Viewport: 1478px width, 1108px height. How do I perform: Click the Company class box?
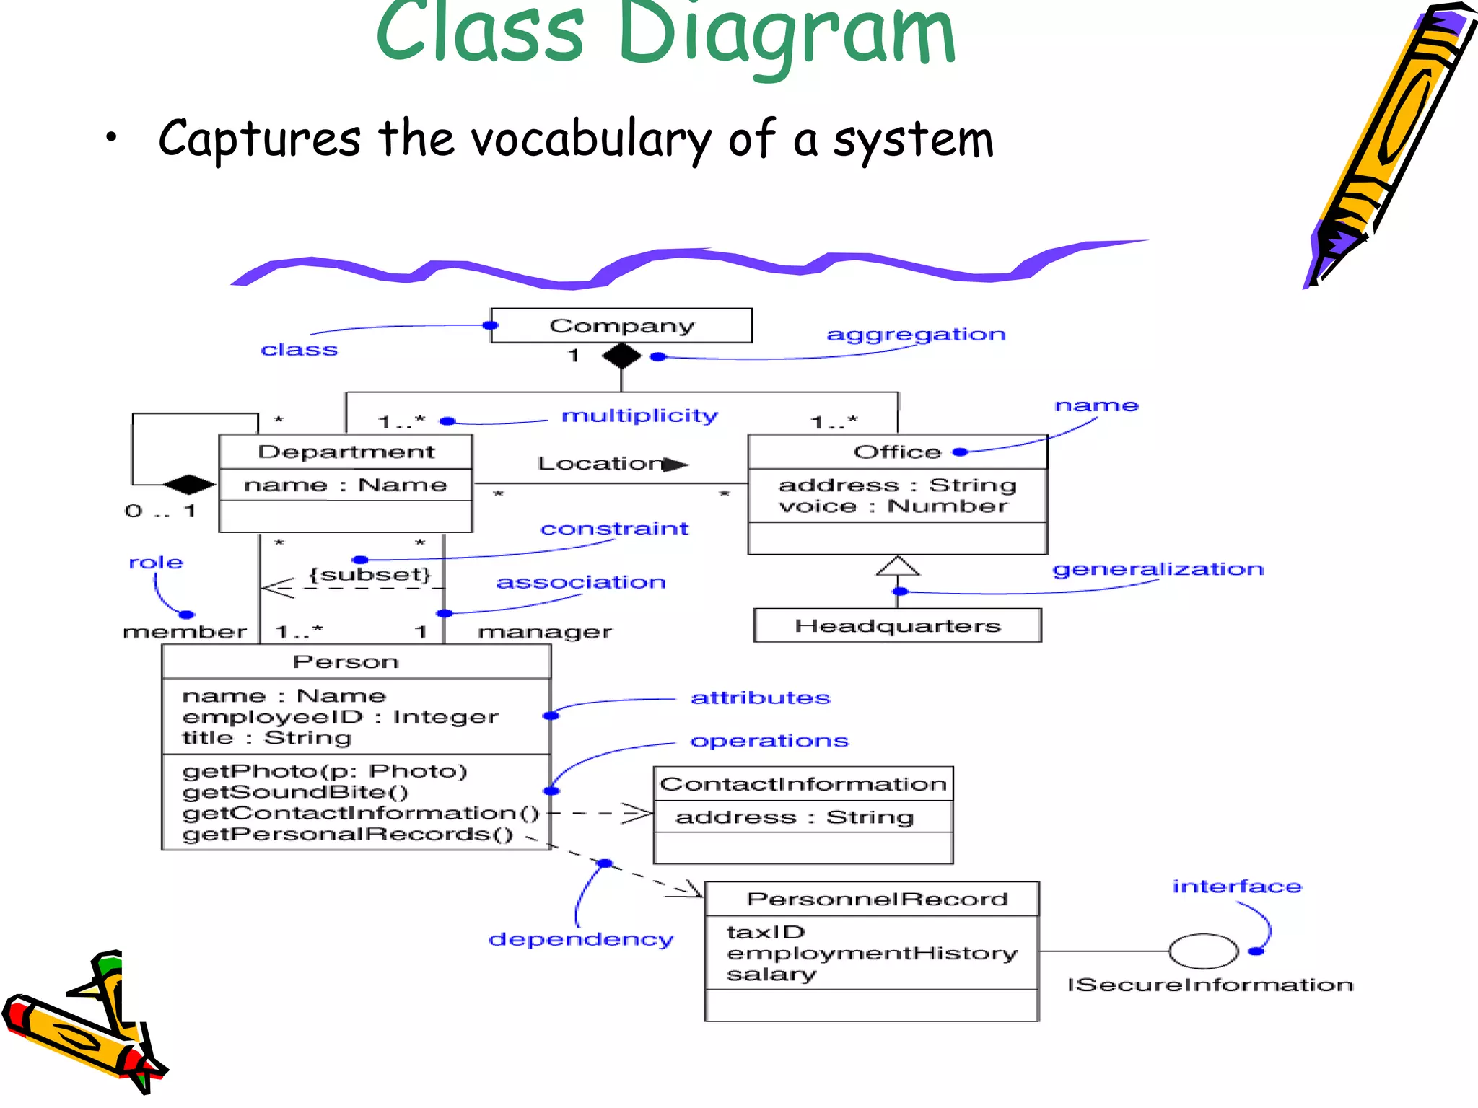[621, 325]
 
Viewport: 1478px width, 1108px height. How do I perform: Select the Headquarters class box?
[897, 625]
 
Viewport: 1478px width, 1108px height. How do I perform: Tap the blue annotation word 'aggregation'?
[916, 335]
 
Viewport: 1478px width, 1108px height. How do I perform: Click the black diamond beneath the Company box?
[621, 356]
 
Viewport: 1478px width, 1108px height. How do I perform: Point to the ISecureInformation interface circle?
[1203, 951]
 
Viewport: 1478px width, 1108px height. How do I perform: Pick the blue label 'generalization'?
[1158, 569]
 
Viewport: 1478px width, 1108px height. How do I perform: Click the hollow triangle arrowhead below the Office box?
[898, 566]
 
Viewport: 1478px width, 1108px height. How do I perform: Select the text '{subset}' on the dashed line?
[370, 574]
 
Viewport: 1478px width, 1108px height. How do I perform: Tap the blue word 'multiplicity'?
[639, 415]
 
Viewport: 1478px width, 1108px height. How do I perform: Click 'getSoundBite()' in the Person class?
[295, 792]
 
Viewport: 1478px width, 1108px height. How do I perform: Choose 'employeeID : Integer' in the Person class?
[340, 716]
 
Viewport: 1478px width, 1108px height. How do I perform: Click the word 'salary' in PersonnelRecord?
[771, 975]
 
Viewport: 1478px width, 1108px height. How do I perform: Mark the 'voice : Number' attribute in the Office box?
[893, 506]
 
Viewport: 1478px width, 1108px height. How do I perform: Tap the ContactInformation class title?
[803, 784]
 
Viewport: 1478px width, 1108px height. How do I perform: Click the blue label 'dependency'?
[580, 939]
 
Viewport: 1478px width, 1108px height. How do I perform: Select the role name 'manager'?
[545, 632]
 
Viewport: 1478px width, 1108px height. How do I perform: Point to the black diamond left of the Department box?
[189, 484]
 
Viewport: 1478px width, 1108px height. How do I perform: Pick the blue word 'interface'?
[1236, 886]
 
